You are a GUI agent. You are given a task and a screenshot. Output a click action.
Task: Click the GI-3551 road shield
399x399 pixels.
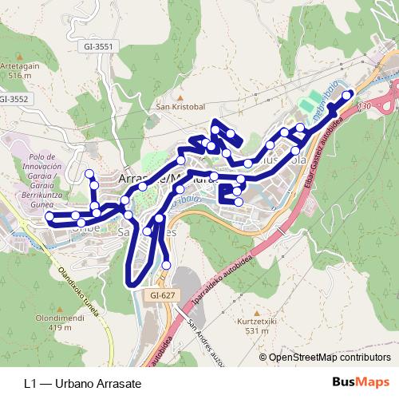pos(98,47)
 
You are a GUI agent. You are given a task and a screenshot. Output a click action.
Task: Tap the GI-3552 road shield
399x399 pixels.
pos(14,99)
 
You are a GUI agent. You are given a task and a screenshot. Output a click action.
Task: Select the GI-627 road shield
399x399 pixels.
pos(161,294)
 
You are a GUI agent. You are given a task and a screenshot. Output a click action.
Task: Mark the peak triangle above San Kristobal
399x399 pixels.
pos(180,96)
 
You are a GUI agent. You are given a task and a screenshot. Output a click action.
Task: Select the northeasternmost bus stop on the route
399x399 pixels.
pos(347,95)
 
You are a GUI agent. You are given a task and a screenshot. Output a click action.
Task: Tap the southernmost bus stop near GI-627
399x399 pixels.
pos(167,265)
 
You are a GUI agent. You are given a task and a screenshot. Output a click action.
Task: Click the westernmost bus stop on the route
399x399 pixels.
pos(49,216)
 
